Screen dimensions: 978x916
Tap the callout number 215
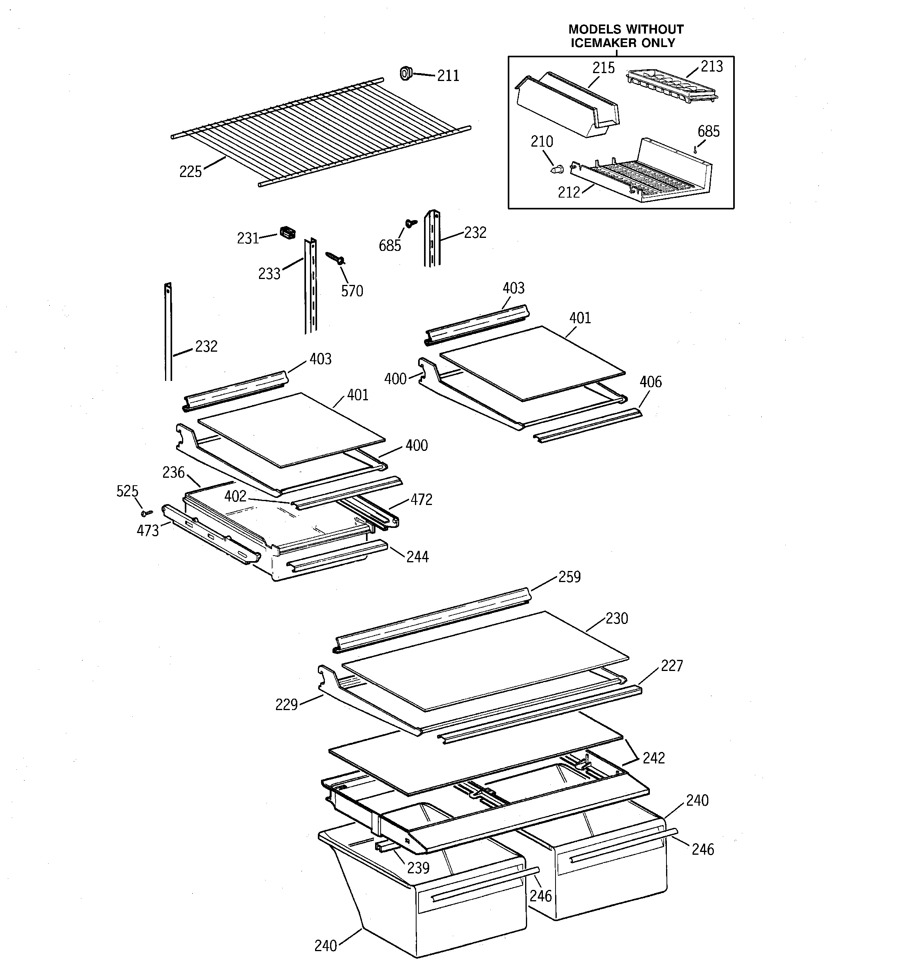point(603,68)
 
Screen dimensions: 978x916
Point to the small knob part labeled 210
point(556,170)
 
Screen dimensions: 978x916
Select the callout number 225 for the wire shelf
point(190,171)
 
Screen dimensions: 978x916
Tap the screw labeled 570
point(335,257)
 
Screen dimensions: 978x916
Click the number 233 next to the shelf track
point(269,274)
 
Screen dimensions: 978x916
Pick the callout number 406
point(651,382)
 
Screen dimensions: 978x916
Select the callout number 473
point(148,531)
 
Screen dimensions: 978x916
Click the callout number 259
point(569,577)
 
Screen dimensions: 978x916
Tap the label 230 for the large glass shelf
point(617,618)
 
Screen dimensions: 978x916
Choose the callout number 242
point(653,758)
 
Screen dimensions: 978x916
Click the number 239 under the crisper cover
point(418,868)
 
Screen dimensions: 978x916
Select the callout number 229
point(286,705)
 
